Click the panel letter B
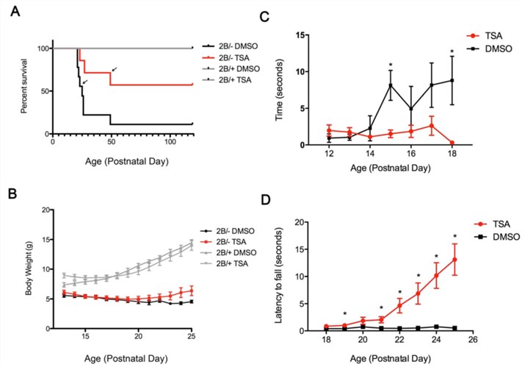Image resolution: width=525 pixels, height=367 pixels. (12, 196)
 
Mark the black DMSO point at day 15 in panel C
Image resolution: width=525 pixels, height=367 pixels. (392, 85)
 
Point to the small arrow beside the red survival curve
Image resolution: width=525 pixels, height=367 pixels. (114, 70)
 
